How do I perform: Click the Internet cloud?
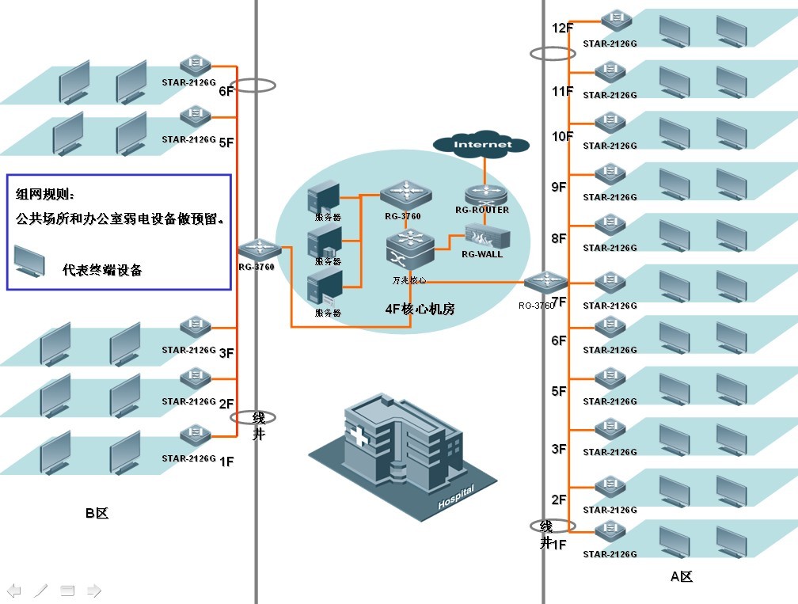point(482,144)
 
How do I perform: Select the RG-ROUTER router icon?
point(483,194)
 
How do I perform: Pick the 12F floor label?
point(562,28)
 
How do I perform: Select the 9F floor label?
point(559,187)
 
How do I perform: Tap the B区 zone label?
point(97,513)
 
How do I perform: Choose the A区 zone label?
point(681,576)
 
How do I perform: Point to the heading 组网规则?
point(44,194)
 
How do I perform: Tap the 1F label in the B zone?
point(226,462)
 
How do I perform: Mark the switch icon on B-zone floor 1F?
point(194,436)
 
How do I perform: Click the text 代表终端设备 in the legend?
point(102,270)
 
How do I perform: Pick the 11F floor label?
point(562,92)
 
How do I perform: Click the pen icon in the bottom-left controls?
point(40,590)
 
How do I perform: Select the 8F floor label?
point(559,237)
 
